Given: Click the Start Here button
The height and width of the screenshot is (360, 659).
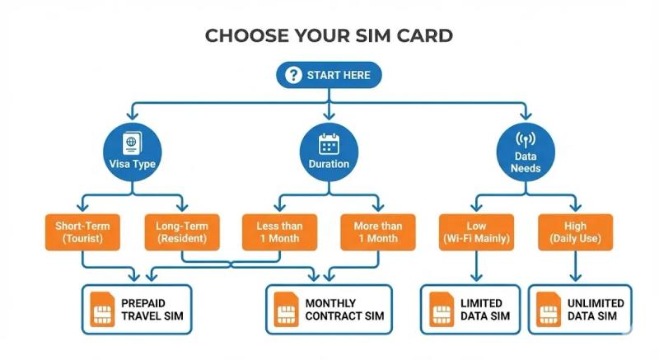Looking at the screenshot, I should tap(329, 75).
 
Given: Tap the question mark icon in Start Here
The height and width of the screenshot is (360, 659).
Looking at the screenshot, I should tap(293, 75).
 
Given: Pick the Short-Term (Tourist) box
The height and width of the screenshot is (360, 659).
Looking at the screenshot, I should tap(84, 231).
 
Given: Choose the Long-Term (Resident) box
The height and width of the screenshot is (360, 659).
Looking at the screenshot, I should tap(183, 231).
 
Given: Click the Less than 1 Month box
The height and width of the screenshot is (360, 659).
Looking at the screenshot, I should tap(280, 231).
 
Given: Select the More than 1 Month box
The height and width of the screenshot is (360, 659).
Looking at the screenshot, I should tap(378, 231).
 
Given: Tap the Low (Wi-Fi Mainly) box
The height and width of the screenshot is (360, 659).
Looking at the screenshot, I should tap(476, 231).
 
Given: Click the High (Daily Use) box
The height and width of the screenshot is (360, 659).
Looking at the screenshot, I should tap(575, 231).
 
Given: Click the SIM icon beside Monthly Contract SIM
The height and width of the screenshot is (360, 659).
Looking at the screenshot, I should tap(285, 310).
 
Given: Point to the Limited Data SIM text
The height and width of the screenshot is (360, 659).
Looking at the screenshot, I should tap(486, 310).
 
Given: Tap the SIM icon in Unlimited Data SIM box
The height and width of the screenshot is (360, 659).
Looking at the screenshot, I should tap(549, 310).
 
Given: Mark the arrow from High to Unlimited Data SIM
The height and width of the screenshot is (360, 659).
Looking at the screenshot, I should tap(575, 268).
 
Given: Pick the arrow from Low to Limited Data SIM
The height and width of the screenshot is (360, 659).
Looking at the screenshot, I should tap(476, 268).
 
